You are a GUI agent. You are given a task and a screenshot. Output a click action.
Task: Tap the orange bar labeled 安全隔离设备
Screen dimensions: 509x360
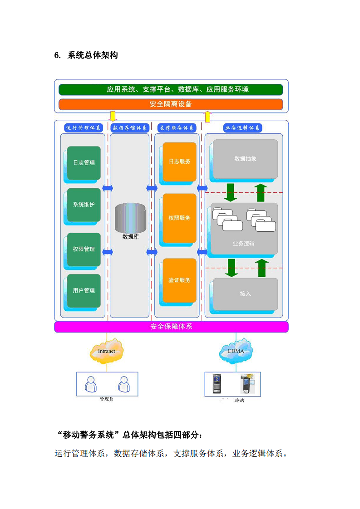(171, 104)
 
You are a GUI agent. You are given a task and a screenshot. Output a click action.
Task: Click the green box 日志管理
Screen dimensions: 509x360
(84, 162)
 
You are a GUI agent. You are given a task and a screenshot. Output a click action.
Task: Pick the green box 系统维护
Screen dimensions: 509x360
(84, 205)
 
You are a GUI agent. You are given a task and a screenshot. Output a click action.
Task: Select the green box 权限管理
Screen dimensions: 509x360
(84, 249)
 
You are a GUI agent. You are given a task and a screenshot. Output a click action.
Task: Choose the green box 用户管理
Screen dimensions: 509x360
(84, 290)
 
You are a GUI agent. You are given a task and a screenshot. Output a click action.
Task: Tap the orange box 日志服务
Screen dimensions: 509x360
(180, 161)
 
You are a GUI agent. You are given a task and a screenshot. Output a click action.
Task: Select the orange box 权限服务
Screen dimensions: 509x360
(180, 218)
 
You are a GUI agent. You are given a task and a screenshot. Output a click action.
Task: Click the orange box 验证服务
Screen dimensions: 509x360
(180, 280)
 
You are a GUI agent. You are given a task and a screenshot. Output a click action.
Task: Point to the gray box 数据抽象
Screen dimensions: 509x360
(246, 159)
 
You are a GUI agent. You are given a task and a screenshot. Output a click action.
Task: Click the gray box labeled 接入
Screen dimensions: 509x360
(246, 294)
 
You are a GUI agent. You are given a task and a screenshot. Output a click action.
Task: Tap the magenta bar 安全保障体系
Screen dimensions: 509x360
(171, 327)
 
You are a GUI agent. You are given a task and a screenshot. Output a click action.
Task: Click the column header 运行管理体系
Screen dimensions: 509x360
(84, 128)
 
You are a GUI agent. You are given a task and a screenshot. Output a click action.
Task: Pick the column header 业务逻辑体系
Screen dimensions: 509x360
(243, 128)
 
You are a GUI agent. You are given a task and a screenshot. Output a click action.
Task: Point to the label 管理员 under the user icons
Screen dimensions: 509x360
(106, 399)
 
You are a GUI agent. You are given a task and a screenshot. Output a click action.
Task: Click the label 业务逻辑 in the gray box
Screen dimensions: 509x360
(244, 244)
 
